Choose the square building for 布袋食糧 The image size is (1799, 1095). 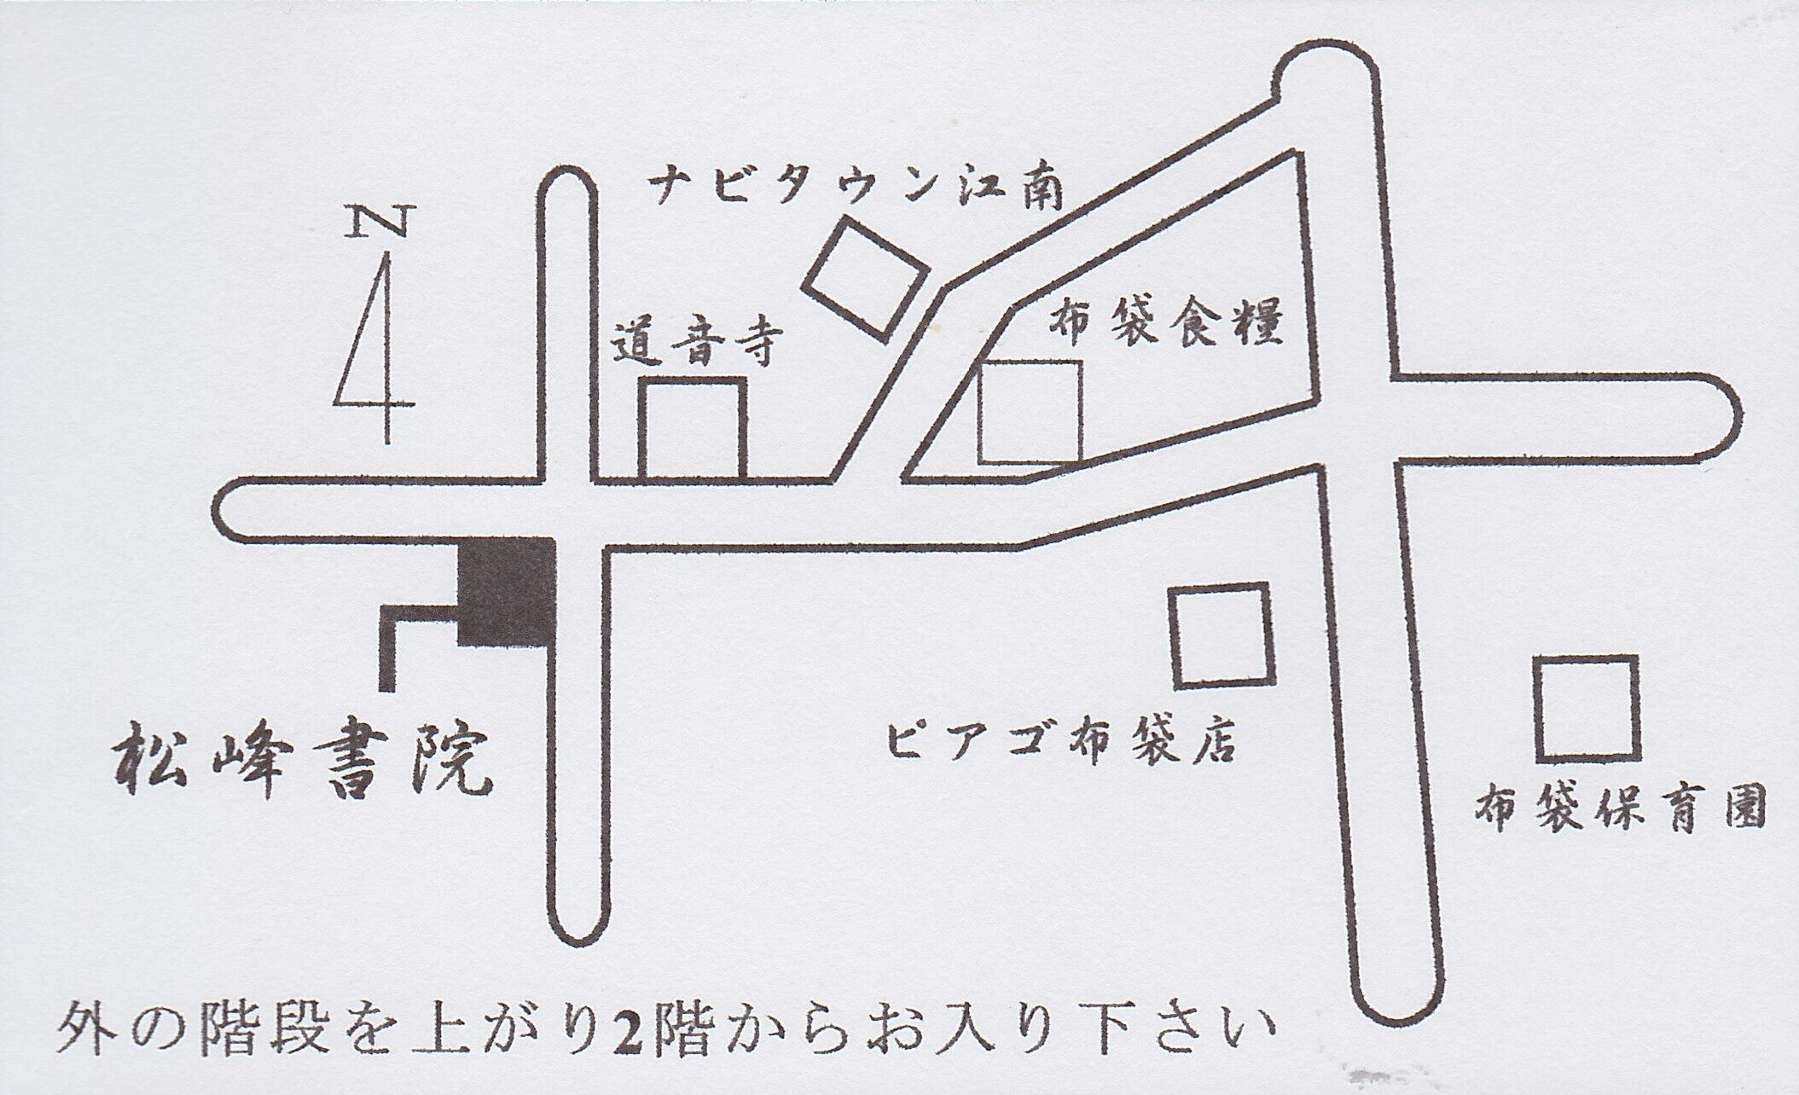(x=1030, y=413)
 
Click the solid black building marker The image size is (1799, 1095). (x=507, y=591)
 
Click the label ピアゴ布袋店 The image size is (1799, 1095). (x=1061, y=740)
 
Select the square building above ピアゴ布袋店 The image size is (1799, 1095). (x=1222, y=635)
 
